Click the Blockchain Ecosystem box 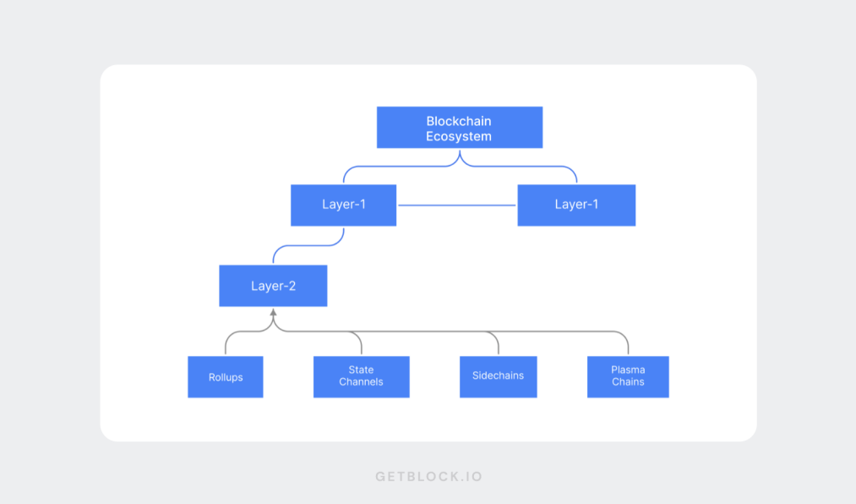tap(459, 128)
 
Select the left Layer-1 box tap(343, 205)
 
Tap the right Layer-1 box tap(575, 205)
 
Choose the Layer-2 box tap(273, 286)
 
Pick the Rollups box tap(226, 377)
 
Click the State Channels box tap(361, 376)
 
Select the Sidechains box tap(498, 376)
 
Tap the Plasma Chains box tap(628, 376)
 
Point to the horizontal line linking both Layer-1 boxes tap(456, 205)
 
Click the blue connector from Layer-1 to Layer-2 tap(308, 246)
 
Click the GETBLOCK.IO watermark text tap(428, 477)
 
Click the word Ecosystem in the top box tap(459, 136)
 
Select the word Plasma tap(628, 370)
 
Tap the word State tap(361, 370)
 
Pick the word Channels tap(361, 382)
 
